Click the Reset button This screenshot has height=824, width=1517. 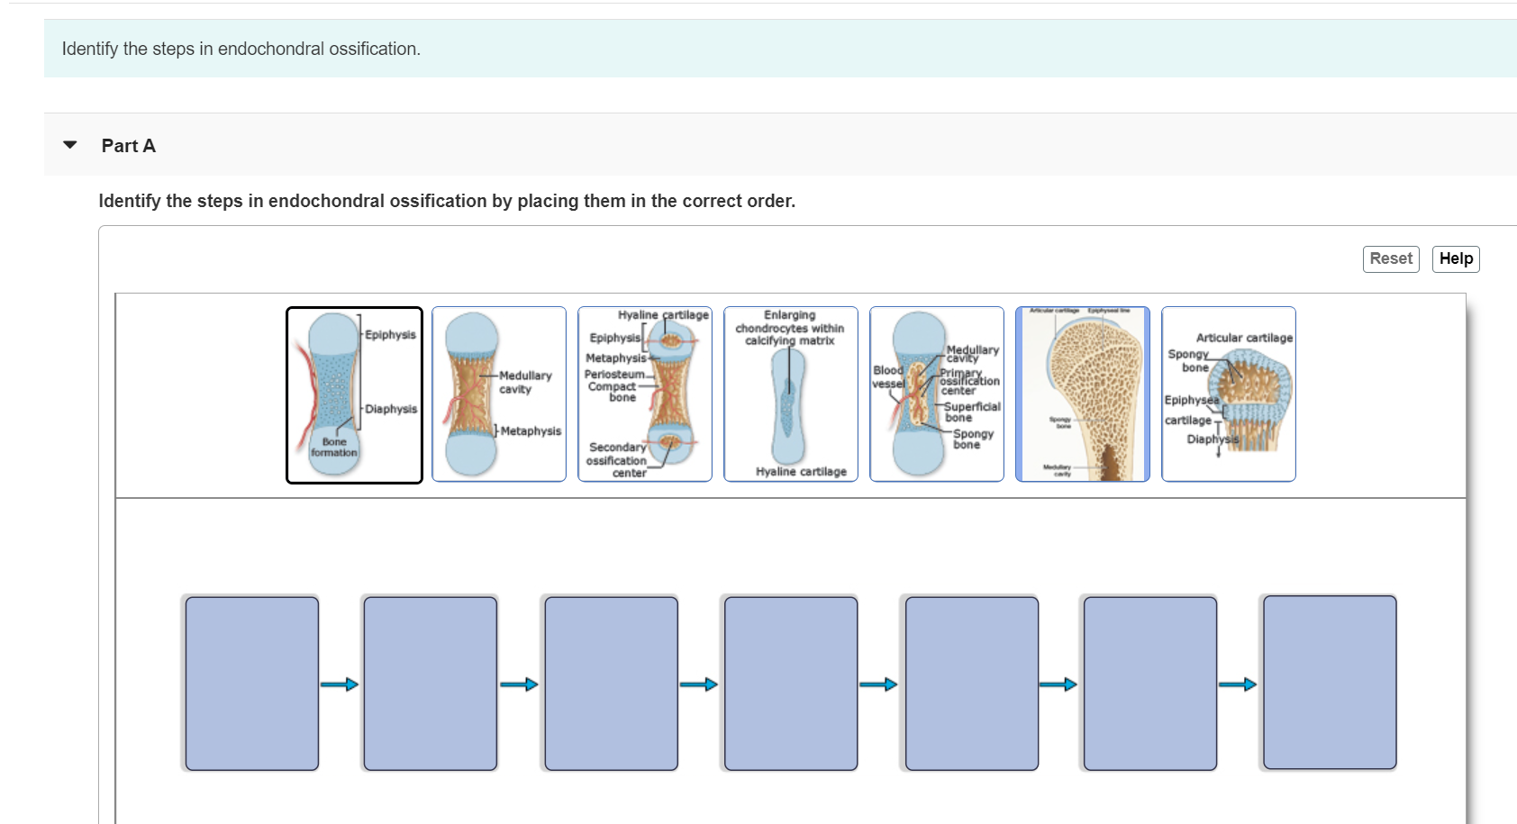1391,259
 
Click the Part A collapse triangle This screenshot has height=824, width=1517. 70,145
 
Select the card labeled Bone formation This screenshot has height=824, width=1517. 354,395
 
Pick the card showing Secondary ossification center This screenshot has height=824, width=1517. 645,395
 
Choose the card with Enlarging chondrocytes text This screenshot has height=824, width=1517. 791,395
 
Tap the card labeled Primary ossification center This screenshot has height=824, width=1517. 937,395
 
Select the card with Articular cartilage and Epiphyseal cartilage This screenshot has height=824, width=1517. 1229,395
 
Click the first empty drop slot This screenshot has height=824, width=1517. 252,684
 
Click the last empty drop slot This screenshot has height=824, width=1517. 1330,684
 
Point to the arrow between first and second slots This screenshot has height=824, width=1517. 340,684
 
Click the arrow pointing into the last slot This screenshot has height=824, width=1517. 1238,684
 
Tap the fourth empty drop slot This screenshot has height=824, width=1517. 791,684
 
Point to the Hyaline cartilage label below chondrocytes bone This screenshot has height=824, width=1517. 801,472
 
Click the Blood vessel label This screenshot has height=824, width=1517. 887,376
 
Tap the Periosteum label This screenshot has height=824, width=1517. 614,375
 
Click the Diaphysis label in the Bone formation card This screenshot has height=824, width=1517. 391,409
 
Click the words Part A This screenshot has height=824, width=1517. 129,146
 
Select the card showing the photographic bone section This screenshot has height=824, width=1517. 1083,395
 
